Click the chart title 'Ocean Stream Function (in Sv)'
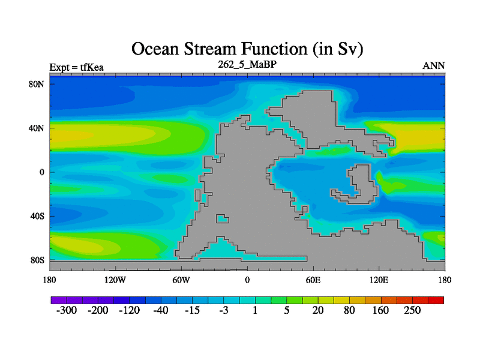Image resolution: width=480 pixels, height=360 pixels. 247,49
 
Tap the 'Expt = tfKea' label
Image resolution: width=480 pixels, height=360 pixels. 77,67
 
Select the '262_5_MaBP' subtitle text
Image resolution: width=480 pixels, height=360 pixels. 247,64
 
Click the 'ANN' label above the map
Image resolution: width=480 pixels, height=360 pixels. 433,66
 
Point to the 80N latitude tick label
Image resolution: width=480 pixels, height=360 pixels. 37,84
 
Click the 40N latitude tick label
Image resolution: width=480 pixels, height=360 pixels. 37,128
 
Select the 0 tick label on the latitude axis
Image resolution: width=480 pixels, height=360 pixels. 41,172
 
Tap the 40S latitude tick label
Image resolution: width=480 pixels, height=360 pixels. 37,216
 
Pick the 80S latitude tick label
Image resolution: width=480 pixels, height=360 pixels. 37,260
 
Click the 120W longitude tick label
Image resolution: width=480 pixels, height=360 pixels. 115,280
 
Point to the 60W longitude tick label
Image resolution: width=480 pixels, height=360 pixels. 181,280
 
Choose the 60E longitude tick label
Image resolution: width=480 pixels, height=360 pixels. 313,280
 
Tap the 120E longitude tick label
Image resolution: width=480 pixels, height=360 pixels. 379,280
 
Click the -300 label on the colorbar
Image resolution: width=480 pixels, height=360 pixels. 67,310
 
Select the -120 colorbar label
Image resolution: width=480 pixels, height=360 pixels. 129,310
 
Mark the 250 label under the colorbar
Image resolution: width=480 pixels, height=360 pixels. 412,310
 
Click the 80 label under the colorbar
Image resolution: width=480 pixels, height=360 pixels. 349,310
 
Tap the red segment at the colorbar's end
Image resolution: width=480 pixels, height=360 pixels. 436,300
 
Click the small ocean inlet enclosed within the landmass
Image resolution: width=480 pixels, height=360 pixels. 223,218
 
